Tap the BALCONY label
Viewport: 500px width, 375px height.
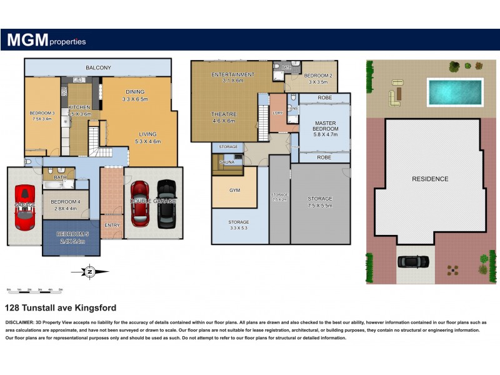98,67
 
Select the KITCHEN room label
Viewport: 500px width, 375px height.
79,107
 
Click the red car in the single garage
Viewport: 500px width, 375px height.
25,207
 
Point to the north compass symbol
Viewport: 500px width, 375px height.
89,271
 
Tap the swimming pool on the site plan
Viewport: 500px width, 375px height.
455,92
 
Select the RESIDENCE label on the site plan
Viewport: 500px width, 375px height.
429,179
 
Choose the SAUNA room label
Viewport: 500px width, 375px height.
227,162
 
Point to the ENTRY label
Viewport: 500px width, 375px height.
112,226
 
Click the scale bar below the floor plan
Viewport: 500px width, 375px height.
34,290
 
